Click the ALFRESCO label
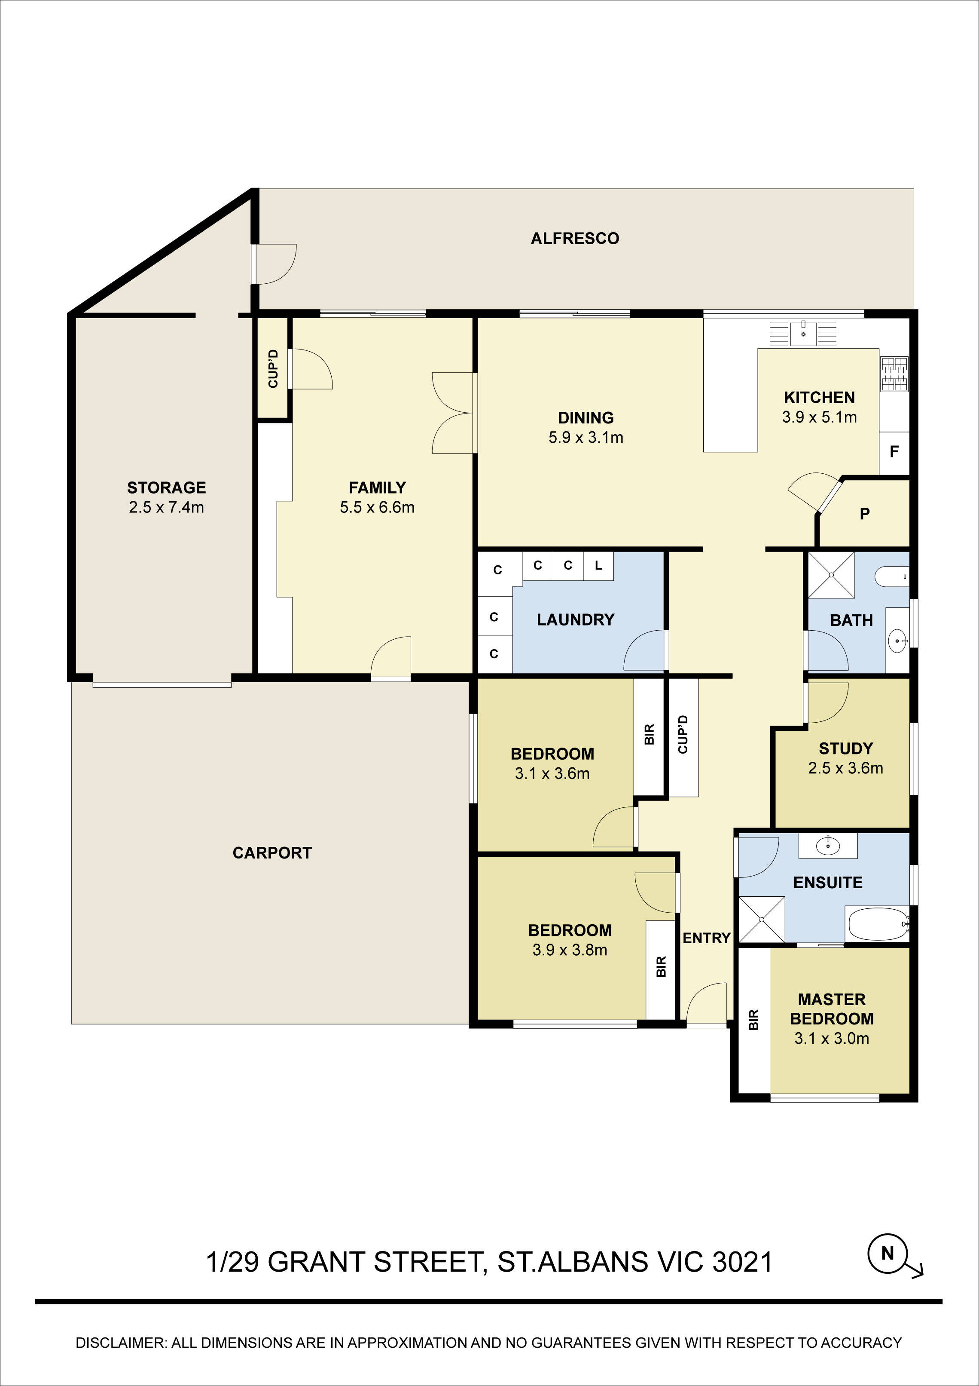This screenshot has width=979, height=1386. pyautogui.click(x=574, y=239)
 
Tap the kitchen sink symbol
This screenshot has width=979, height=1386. pyautogui.click(x=803, y=333)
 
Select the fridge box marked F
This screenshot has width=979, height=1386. pyautogui.click(x=894, y=451)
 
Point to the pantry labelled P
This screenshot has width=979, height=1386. pyautogui.click(x=864, y=514)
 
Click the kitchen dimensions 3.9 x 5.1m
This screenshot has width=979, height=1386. pyautogui.click(x=819, y=417)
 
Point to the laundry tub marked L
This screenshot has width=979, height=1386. pyautogui.click(x=598, y=566)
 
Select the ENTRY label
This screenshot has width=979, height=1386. pyautogui.click(x=706, y=938)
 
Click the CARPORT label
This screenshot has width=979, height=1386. pyautogui.click(x=272, y=853)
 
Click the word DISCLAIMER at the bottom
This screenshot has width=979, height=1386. pyautogui.click(x=119, y=1343)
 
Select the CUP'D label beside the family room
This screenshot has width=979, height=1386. pyautogui.click(x=273, y=368)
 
